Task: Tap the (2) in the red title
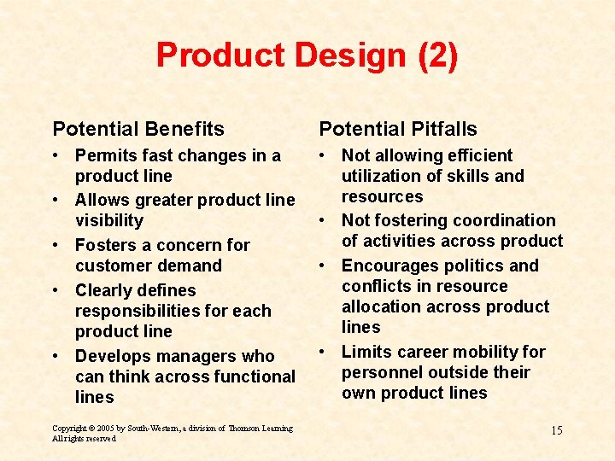tap(437, 56)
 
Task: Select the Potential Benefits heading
tap(138, 129)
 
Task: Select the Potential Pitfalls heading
tap(398, 129)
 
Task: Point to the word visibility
tap(109, 220)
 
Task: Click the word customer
tap(111, 266)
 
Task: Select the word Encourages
tap(392, 266)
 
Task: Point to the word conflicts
tap(376, 286)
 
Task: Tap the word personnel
tap(379, 372)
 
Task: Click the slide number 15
tap(556, 430)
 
